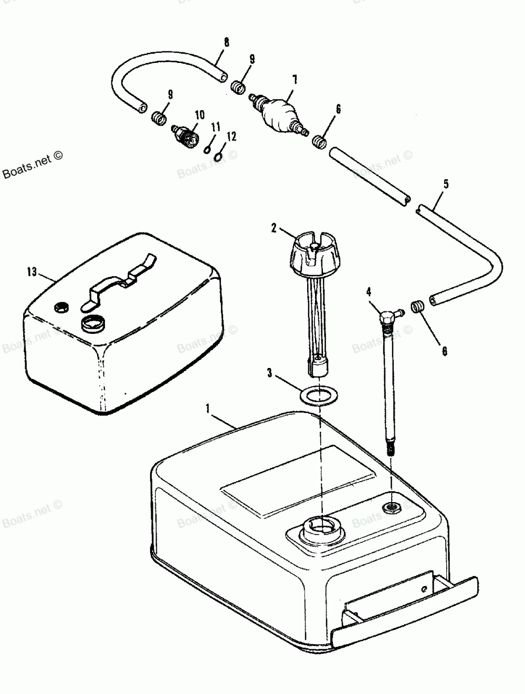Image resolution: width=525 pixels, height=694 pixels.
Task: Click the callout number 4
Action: pyautogui.click(x=369, y=290)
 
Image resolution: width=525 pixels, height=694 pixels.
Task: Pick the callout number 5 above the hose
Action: pyautogui.click(x=446, y=184)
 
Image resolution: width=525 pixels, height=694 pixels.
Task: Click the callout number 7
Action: pyautogui.click(x=295, y=79)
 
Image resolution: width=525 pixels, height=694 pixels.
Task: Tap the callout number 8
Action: pyautogui.click(x=226, y=42)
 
